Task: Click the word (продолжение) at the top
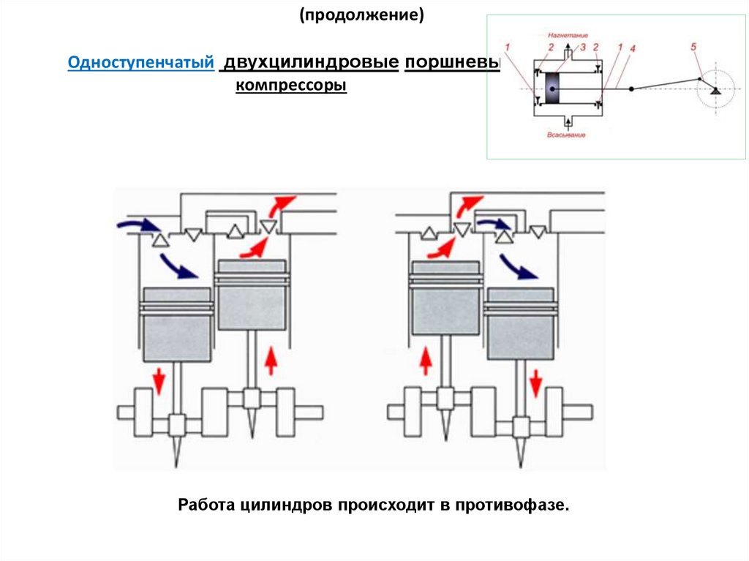pos(361,15)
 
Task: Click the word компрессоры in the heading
pos(290,86)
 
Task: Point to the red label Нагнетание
pos(566,34)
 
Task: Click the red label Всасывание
pos(565,136)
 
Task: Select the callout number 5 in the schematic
pos(692,48)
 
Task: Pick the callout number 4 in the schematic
pos(632,48)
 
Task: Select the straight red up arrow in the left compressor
pos(271,361)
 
